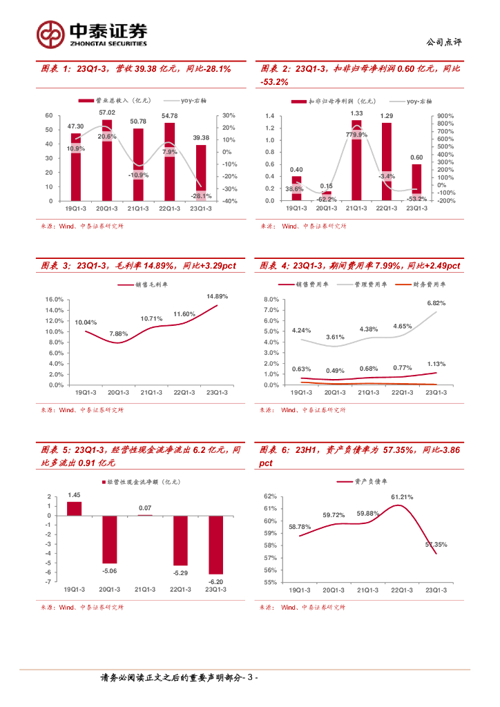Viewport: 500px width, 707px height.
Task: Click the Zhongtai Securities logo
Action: pyautogui.click(x=92, y=33)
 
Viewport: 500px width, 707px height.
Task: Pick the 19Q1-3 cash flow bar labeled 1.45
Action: pyautogui.click(x=74, y=508)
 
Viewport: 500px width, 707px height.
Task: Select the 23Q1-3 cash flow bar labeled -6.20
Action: pyautogui.click(x=215, y=545)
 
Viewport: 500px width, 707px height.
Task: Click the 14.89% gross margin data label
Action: pyautogui.click(x=217, y=296)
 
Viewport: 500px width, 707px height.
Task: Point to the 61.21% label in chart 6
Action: pyautogui.click(x=402, y=497)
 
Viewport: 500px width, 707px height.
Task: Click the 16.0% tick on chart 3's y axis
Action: pyautogui.click(x=55, y=300)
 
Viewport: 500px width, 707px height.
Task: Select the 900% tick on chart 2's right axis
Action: pyautogui.click(x=445, y=116)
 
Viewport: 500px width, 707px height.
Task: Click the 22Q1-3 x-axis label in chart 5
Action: pyautogui.click(x=180, y=590)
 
